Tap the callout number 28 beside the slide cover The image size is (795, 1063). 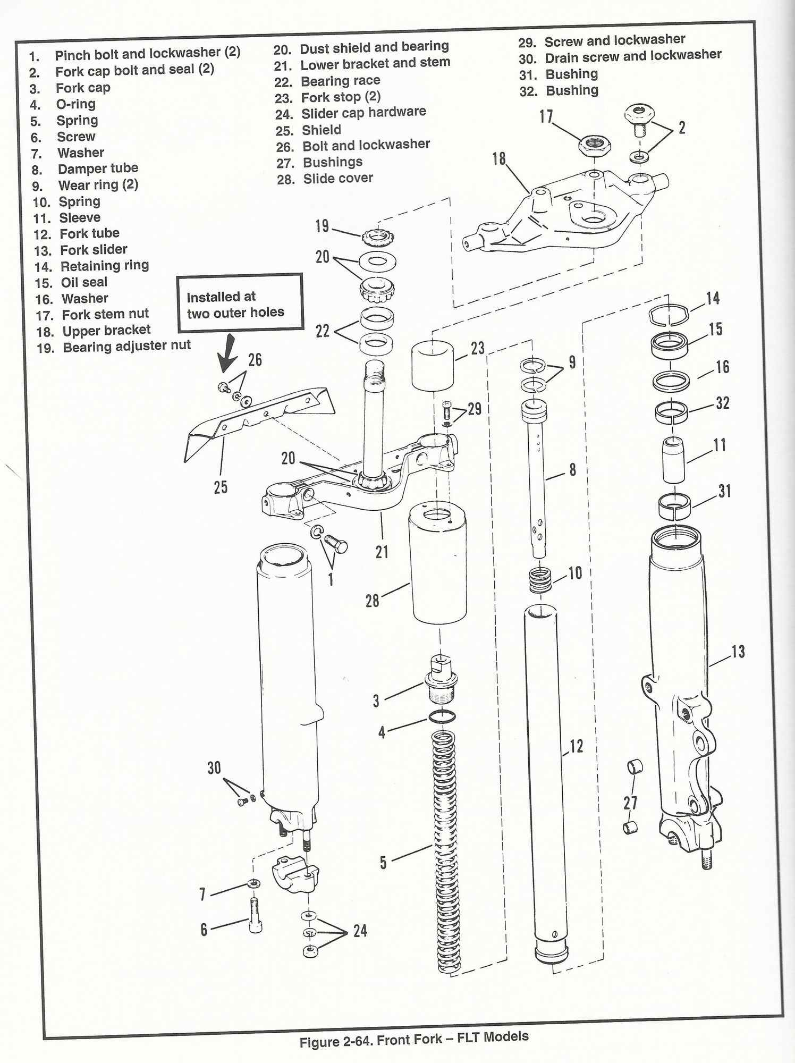pos(372,601)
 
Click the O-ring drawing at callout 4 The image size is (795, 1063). pos(442,717)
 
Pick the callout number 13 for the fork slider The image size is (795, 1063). pos(738,652)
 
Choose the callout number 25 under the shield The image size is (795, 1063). pos(221,486)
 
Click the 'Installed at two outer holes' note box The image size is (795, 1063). pos(240,302)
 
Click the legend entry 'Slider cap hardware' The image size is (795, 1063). pos(363,113)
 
